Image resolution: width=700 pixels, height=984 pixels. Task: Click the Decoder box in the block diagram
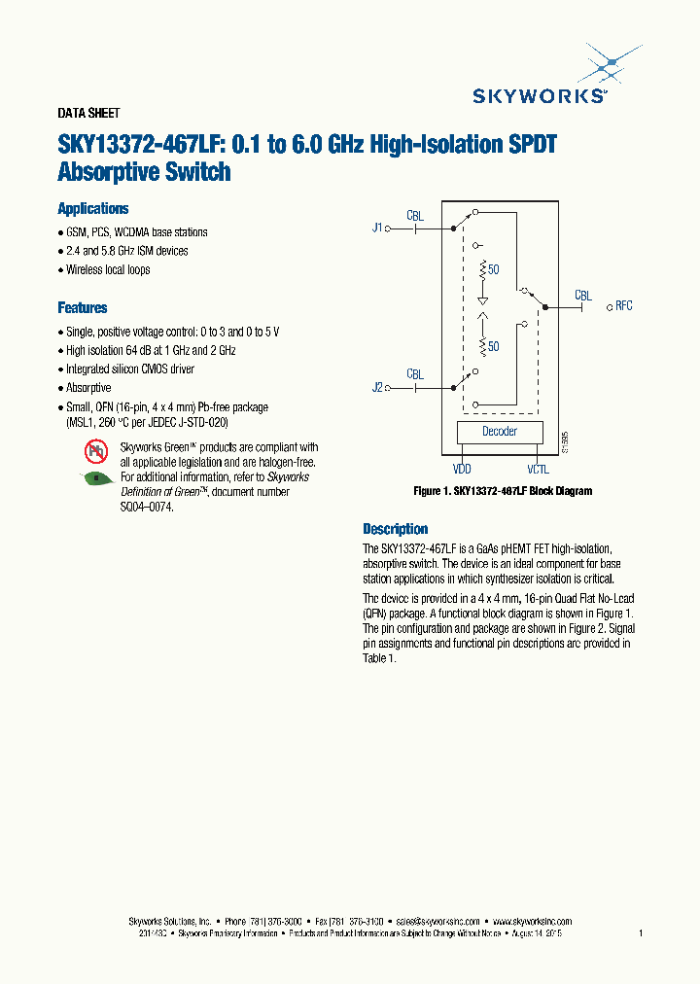coord(500,432)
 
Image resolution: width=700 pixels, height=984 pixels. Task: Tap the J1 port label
coord(377,228)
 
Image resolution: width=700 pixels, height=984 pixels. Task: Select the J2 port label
coord(377,387)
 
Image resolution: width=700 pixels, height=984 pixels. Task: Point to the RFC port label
coord(623,305)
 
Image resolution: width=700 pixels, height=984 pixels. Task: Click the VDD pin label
coord(462,469)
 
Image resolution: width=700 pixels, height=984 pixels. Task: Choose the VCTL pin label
coord(538,469)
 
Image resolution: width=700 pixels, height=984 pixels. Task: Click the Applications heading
coord(93,209)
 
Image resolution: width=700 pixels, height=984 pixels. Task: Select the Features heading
coord(83,308)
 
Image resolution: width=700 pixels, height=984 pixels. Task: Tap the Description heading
coord(396,529)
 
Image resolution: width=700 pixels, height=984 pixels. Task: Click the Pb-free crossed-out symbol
coord(96,449)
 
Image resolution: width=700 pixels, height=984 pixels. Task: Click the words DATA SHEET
coord(88,114)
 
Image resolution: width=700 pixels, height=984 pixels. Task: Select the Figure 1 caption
coord(503,491)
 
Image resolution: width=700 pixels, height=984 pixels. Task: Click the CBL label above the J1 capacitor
coord(415,215)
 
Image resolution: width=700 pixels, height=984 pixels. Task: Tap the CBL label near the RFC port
coord(582,295)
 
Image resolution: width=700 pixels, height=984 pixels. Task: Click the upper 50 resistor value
coord(494,269)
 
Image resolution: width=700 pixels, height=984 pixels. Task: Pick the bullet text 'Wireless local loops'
coord(108,269)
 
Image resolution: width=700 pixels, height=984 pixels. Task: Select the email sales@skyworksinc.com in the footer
coord(439,921)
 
